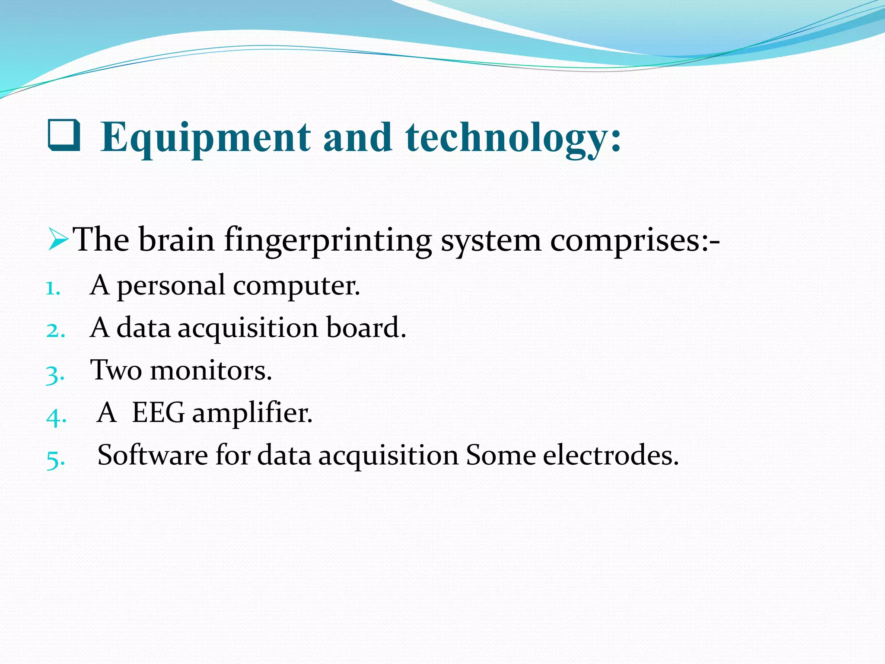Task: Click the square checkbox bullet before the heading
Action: click(64, 135)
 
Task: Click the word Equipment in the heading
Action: click(205, 137)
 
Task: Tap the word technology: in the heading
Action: click(513, 137)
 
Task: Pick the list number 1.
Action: click(52, 288)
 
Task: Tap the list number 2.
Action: click(55, 331)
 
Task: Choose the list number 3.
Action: click(55, 374)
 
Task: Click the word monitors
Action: click(211, 371)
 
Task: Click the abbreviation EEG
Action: click(159, 412)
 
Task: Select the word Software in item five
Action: click(153, 455)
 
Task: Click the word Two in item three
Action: click(116, 370)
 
